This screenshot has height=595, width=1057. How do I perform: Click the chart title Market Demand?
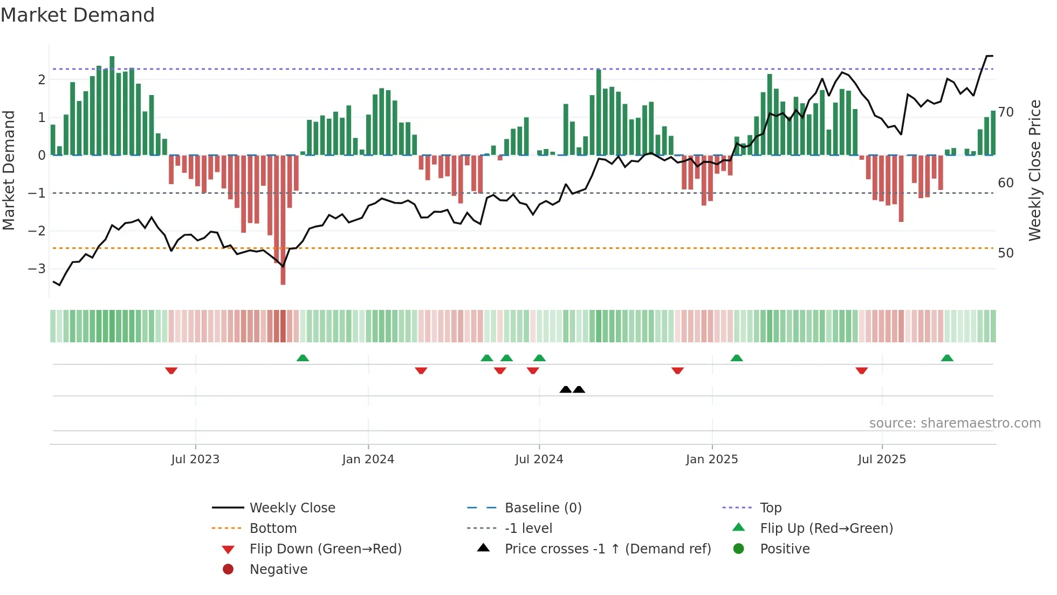(78, 15)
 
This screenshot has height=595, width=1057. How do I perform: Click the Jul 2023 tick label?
(195, 459)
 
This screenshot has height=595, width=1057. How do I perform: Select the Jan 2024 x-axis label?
(368, 459)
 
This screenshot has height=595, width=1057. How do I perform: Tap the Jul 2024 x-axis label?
(539, 459)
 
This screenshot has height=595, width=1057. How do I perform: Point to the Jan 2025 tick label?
(712, 459)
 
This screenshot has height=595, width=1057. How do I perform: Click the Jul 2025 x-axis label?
(882, 459)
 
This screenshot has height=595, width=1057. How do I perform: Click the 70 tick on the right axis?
(1006, 112)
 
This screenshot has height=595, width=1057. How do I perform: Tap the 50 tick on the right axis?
(1006, 253)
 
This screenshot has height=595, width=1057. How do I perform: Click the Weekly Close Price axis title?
(1034, 170)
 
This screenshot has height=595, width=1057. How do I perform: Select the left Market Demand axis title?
(9, 170)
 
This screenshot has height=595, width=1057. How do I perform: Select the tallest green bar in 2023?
(112, 103)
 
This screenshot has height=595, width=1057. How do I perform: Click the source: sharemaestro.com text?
(955, 423)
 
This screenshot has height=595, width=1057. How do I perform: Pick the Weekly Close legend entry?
(292, 508)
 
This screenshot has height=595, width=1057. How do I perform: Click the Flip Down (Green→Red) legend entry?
(325, 549)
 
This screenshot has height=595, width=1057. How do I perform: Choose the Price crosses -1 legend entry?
(607, 549)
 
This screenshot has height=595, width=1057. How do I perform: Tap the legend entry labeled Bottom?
(273, 529)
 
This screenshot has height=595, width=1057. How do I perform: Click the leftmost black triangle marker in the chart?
(565, 390)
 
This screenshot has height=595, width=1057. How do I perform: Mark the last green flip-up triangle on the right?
(947, 358)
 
